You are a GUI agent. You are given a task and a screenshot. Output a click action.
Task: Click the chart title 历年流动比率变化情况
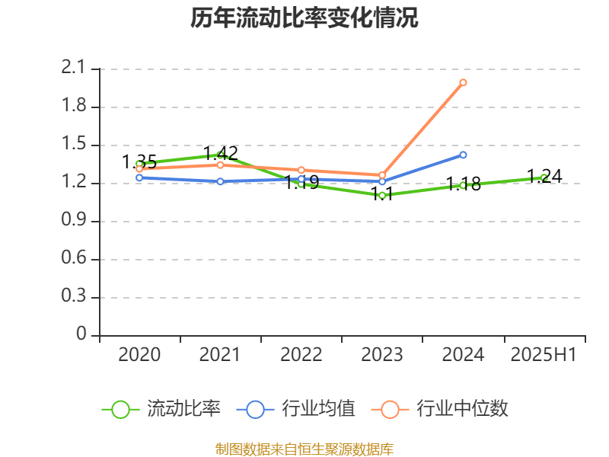[x=304, y=18]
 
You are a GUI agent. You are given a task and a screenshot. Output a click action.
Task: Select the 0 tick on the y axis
[x=82, y=335]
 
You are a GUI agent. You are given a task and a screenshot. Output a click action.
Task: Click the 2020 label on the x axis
[x=139, y=355]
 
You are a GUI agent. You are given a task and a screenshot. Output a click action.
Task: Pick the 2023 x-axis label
[x=382, y=355]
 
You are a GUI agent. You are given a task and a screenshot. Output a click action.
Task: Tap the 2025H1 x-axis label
[x=544, y=355]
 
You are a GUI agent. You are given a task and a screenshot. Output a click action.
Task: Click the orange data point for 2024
[x=463, y=82]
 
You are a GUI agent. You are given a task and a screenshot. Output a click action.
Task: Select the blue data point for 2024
[x=463, y=155]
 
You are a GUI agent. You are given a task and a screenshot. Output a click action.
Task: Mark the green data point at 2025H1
[x=544, y=177]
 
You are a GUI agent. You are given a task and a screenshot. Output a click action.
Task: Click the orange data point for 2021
[x=220, y=165]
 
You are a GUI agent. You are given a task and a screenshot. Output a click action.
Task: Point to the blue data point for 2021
[x=220, y=181]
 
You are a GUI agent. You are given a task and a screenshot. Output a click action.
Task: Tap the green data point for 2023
[x=382, y=196]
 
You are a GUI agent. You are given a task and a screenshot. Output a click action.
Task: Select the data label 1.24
[x=544, y=177]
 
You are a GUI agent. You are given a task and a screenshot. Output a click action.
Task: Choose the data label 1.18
[x=464, y=184]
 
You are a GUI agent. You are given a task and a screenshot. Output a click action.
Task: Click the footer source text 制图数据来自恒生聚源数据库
[x=304, y=449]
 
